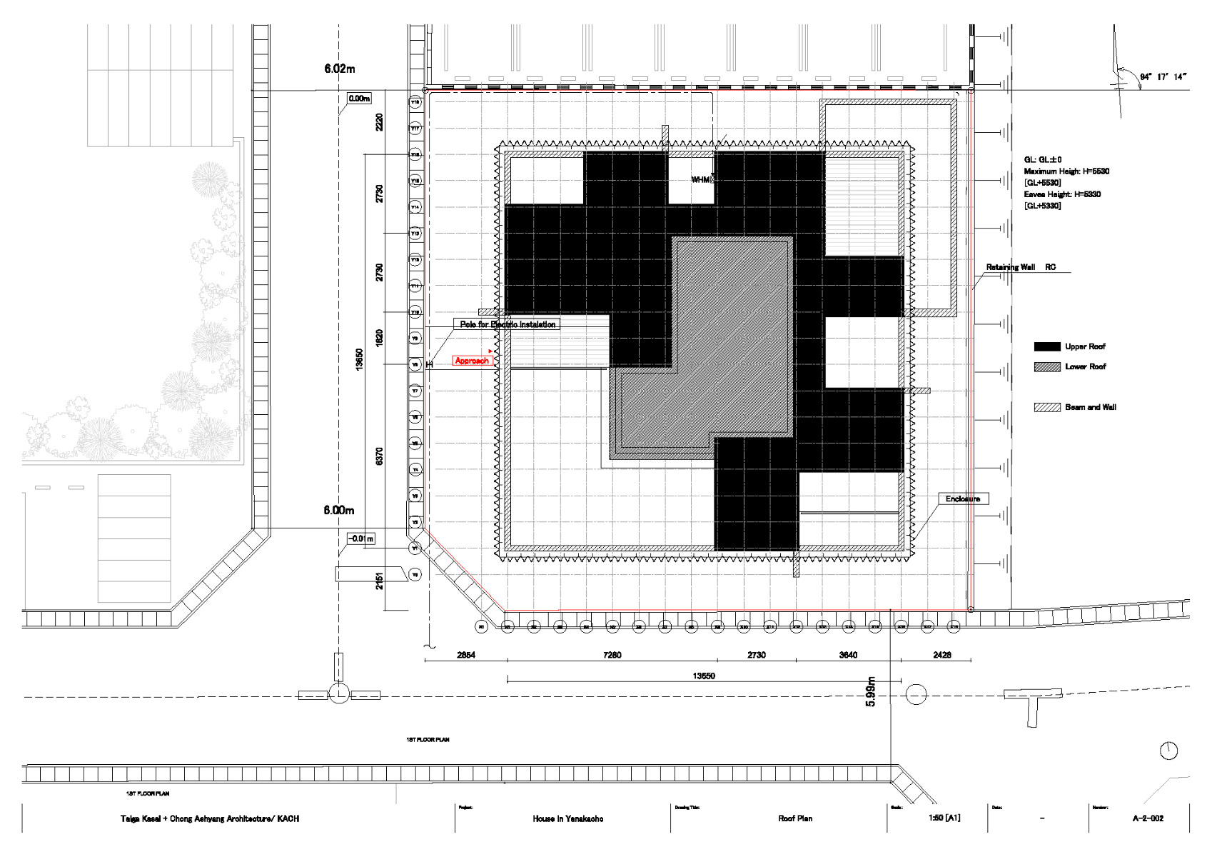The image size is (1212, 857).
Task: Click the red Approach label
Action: tap(472, 361)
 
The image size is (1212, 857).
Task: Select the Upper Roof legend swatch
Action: tap(1046, 346)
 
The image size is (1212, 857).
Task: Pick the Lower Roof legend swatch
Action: tap(1046, 366)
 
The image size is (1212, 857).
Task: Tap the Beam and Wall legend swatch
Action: tap(1046, 407)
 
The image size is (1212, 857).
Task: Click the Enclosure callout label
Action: tap(962, 498)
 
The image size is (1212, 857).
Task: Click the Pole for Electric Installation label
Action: tap(507, 324)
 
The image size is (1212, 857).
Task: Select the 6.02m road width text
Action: tap(339, 69)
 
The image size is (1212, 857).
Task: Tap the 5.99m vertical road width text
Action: tap(870, 691)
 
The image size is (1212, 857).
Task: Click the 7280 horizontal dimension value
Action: tap(612, 655)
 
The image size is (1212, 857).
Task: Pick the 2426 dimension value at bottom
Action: tap(941, 655)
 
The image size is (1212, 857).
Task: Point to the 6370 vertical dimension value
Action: tap(379, 456)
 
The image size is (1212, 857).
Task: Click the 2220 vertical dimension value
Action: tap(379, 121)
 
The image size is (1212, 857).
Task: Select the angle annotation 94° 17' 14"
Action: tap(1163, 76)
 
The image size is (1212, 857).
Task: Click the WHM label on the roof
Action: tap(701, 179)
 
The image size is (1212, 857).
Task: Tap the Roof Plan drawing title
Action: tap(794, 818)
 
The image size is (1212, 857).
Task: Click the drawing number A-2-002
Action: tap(1147, 818)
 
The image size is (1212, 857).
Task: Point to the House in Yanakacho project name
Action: tap(567, 818)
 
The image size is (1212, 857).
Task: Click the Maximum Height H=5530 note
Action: tap(1066, 171)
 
